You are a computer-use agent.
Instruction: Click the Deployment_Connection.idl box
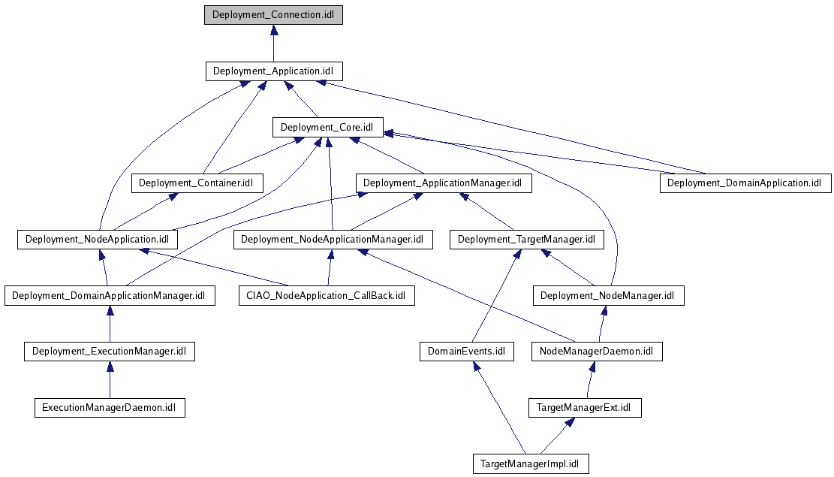point(273,15)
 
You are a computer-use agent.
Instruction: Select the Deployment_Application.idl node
point(274,71)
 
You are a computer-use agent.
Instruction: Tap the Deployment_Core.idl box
point(327,127)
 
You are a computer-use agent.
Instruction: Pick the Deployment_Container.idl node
point(197,183)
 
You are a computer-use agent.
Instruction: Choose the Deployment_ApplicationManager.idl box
point(444,183)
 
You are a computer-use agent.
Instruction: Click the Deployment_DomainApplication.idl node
point(745,183)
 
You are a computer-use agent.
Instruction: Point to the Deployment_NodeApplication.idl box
point(98,240)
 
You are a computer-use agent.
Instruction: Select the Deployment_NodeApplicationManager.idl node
point(333,240)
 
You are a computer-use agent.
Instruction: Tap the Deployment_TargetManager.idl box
point(526,240)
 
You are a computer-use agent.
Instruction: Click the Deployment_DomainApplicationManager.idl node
point(110,295)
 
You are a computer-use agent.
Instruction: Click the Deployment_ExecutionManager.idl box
point(110,351)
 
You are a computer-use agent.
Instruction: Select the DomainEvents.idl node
point(466,351)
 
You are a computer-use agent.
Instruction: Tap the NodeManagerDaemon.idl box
point(597,351)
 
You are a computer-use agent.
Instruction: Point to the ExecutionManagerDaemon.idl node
point(110,408)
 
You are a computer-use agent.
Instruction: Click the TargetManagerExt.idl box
point(585,408)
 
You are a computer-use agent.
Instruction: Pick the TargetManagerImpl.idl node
point(531,463)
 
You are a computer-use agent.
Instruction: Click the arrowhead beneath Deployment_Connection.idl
point(274,30)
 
